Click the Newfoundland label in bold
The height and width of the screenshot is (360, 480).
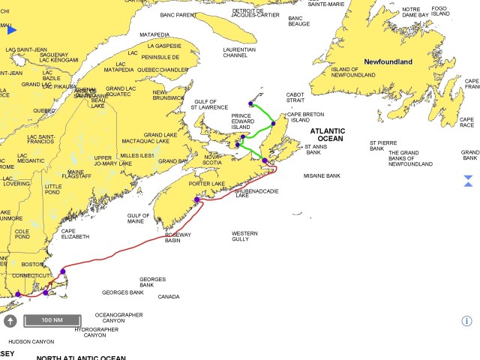pyautogui.click(x=388, y=61)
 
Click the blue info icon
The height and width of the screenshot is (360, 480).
pyautogui.click(x=466, y=321)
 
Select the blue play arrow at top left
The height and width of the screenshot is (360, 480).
pyautogui.click(x=12, y=30)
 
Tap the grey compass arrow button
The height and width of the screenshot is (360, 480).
pyautogui.click(x=10, y=321)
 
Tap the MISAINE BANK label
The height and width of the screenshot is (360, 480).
pyautogui.click(x=322, y=175)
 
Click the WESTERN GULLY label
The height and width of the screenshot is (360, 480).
pyautogui.click(x=244, y=235)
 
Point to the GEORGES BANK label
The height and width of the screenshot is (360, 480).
pyautogui.click(x=122, y=292)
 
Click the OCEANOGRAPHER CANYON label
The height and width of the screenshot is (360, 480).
pyautogui.click(x=118, y=318)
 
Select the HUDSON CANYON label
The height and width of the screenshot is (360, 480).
pyautogui.click(x=31, y=341)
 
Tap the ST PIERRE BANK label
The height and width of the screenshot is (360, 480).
pyautogui.click(x=387, y=145)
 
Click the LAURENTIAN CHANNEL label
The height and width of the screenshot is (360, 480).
pyautogui.click(x=239, y=53)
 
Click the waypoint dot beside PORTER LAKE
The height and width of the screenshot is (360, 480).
pyautogui.click(x=197, y=199)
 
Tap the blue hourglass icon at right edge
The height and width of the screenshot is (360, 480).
pyautogui.click(x=468, y=181)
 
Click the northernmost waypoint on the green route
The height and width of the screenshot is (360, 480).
pyautogui.click(x=250, y=103)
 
